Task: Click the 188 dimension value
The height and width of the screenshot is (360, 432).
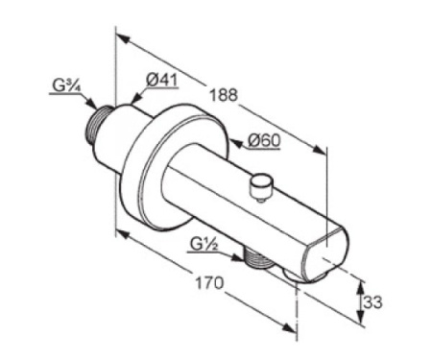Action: point(224,95)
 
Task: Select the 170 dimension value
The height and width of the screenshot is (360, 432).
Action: point(209,283)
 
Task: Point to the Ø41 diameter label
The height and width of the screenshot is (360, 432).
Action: point(161,80)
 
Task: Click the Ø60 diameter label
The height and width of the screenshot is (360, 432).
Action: point(264,141)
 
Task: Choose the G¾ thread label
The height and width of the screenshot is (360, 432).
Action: point(66,86)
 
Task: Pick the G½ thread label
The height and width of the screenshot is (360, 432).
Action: point(204,245)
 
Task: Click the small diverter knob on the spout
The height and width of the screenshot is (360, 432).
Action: point(261,187)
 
